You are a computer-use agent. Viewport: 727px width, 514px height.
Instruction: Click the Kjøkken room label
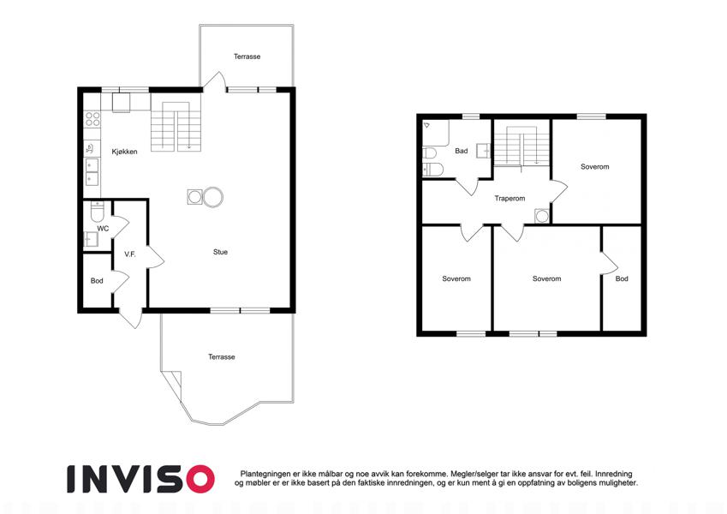pos(124,152)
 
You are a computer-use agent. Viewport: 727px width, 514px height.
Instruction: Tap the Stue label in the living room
pos(220,252)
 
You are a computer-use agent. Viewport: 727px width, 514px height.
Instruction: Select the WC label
pos(103,228)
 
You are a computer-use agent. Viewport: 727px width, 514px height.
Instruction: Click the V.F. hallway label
pos(130,254)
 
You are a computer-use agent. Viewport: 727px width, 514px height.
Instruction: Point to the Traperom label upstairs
pos(509,198)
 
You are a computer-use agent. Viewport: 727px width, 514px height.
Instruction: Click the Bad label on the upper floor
pos(462,151)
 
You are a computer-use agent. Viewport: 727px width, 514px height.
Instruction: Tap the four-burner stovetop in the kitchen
pos(92,119)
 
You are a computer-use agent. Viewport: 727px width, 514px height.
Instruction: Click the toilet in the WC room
pos(98,212)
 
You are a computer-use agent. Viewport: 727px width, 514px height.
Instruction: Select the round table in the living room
pos(213,197)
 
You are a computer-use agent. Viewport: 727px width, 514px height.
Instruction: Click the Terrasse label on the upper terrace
pos(247,57)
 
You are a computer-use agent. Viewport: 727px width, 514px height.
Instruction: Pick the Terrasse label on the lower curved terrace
pos(221,356)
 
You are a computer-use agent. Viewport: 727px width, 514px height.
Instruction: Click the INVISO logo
pos(140,479)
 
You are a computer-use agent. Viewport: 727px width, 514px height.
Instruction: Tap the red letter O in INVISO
pos(200,479)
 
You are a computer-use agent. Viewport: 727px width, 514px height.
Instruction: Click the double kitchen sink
pos(92,171)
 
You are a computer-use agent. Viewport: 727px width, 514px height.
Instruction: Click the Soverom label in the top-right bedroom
pos(594,166)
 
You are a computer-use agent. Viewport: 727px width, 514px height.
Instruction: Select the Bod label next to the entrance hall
pos(97,281)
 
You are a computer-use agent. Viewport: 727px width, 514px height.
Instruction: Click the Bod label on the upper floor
pos(622,278)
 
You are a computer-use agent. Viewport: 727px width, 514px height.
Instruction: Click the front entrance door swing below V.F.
pos(131,318)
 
